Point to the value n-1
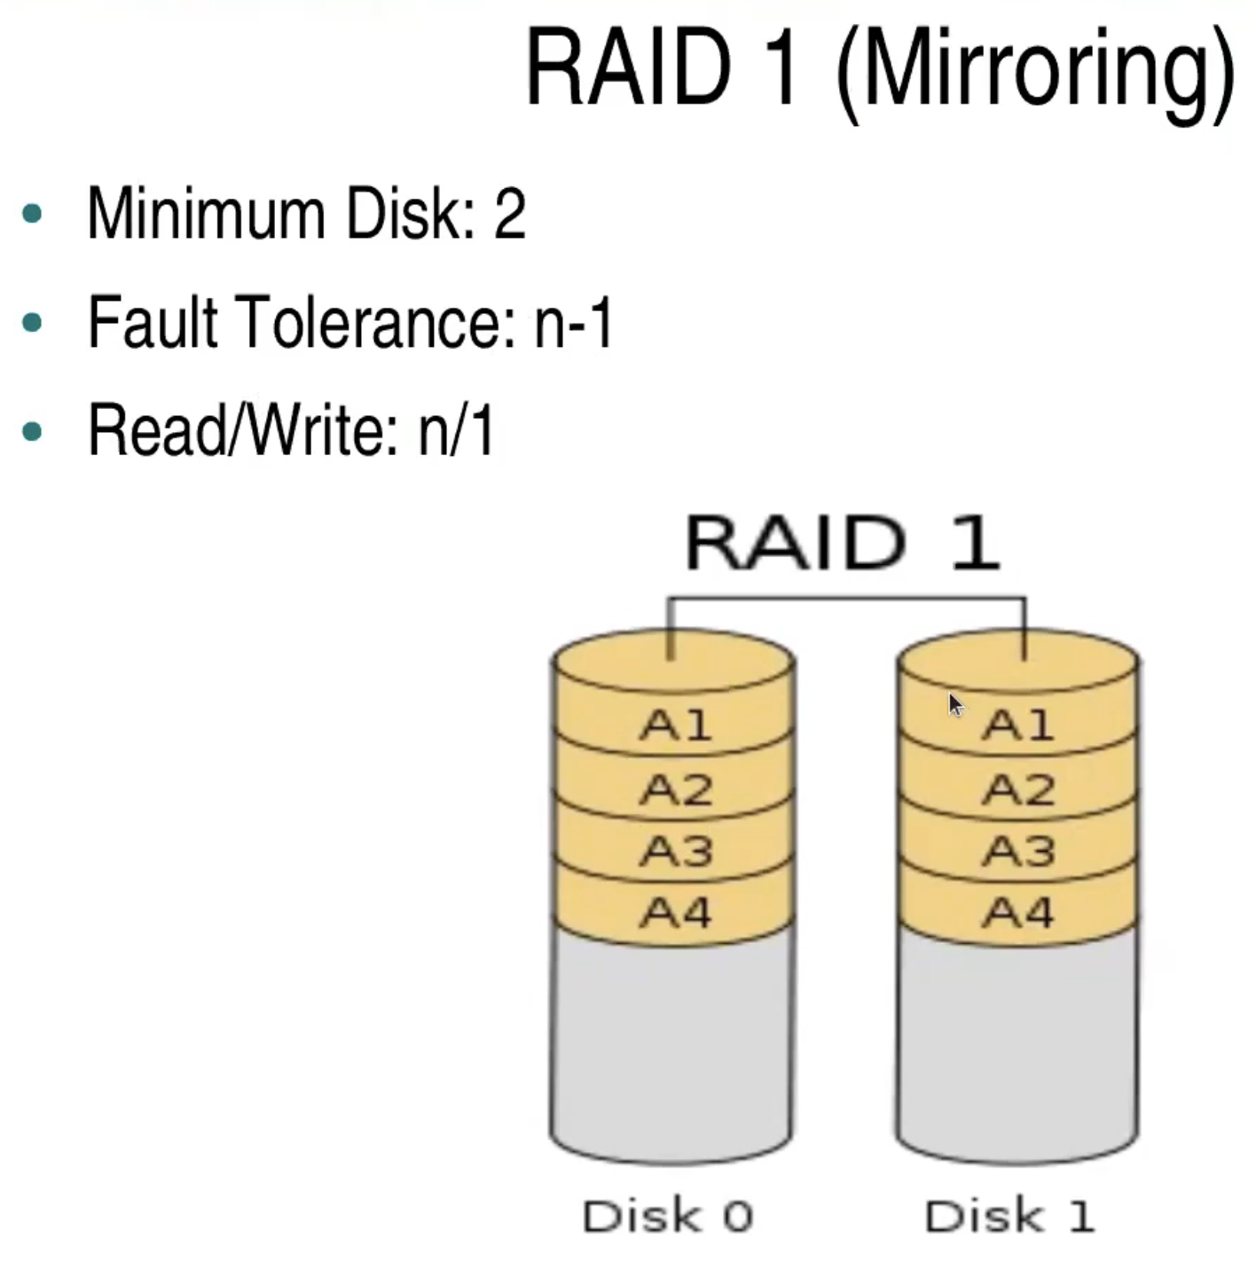click(573, 323)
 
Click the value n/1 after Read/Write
click(456, 432)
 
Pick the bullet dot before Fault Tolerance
click(33, 323)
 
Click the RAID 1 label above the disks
click(842, 543)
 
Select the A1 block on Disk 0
click(675, 726)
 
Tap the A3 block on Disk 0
click(675, 852)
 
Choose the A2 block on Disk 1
click(1018, 790)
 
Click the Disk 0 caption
click(667, 1215)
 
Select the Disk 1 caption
click(1009, 1215)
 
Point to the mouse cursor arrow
click(954, 704)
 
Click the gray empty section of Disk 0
click(671, 1038)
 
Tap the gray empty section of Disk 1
click(1017, 1038)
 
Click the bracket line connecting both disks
click(847, 600)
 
